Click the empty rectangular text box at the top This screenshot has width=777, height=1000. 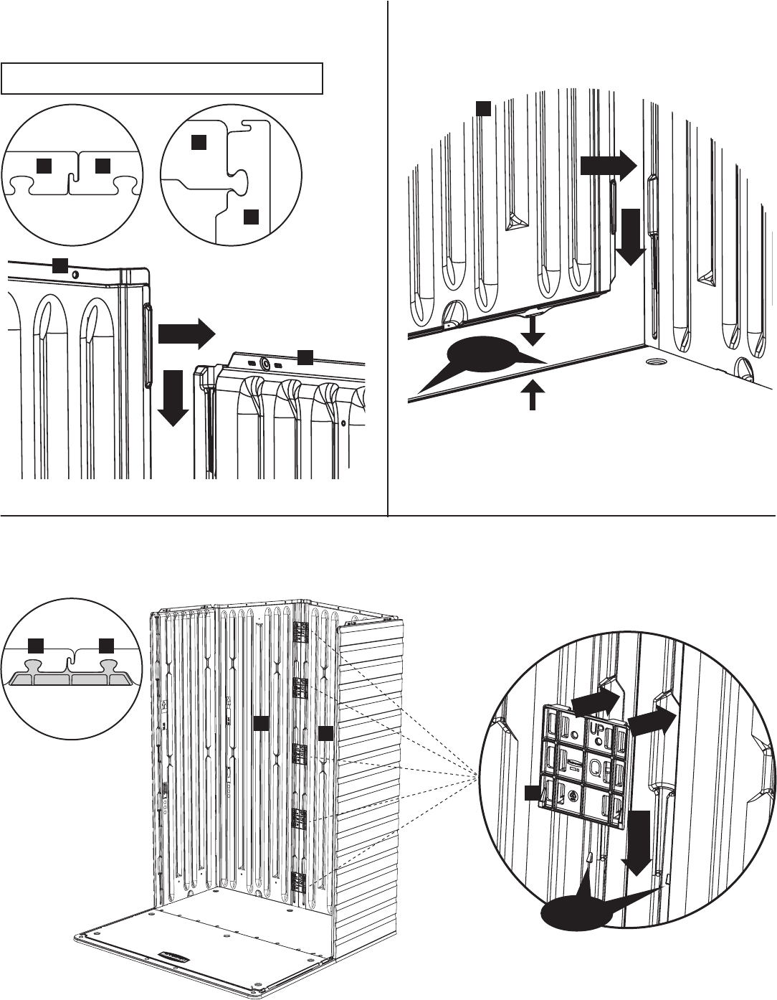tap(162, 78)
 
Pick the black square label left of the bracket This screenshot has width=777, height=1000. tap(530, 793)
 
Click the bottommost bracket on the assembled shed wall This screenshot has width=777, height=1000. tap(300, 880)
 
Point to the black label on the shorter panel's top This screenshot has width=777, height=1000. tap(305, 355)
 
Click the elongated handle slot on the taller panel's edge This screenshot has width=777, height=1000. tap(148, 346)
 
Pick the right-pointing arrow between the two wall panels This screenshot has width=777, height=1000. tap(186, 333)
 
